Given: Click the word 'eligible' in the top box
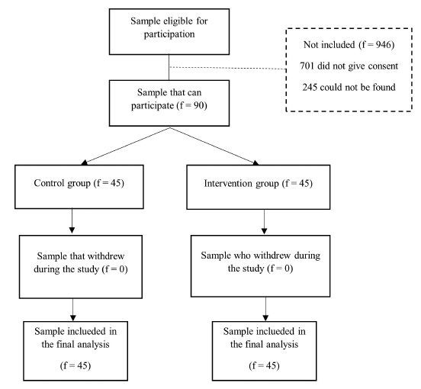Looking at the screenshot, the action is (176, 21).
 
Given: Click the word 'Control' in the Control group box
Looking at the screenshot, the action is (49, 183).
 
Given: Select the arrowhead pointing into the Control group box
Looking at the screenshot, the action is (84, 162).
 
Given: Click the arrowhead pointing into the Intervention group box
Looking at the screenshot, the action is (255, 162).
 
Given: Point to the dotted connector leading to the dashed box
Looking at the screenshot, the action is (228, 68).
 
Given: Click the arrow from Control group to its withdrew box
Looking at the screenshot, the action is (72, 221).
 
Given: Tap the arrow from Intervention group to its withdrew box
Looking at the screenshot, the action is (264, 221).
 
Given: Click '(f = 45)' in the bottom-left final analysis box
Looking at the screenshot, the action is (76, 365).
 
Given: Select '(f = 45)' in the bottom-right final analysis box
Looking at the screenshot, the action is (264, 365).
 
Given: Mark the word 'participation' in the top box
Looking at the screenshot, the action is (169, 34).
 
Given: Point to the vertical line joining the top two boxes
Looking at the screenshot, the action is (169, 67).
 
